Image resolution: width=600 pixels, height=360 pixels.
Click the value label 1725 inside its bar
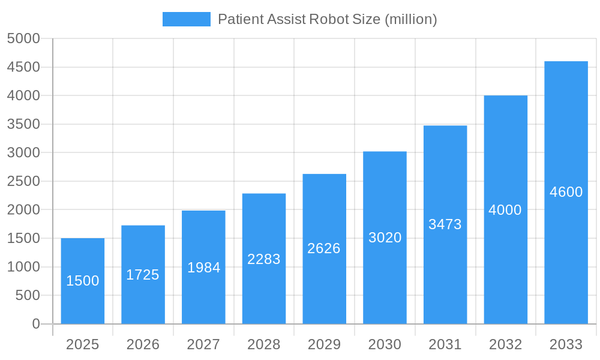coord(143,275)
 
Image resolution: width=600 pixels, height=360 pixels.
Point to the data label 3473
coord(445,224)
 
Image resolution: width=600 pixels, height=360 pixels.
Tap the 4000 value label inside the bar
coord(505,210)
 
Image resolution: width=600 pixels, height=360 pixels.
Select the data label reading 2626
coord(324,248)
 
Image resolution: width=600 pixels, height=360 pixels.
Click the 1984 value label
coord(204,268)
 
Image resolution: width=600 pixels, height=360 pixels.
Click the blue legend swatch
coord(187,19)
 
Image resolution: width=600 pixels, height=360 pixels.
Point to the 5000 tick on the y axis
coord(23,39)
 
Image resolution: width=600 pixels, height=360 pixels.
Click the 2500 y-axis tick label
coord(23,181)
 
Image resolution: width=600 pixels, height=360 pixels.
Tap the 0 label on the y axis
coord(35,324)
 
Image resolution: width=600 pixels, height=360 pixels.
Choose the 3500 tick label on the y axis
coord(23,124)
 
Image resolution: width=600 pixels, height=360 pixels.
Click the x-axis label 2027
coord(203,344)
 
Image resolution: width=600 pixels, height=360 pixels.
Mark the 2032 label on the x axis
coord(505,344)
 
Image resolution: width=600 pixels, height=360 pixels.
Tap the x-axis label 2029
coord(324,344)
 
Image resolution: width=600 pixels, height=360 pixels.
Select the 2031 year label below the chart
coord(445,344)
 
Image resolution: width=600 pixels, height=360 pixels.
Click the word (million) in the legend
coord(410,19)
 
